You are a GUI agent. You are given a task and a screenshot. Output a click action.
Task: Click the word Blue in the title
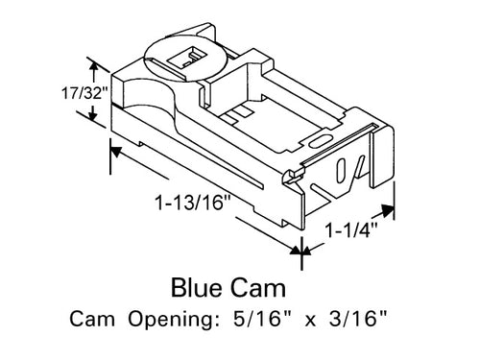(201, 286)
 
